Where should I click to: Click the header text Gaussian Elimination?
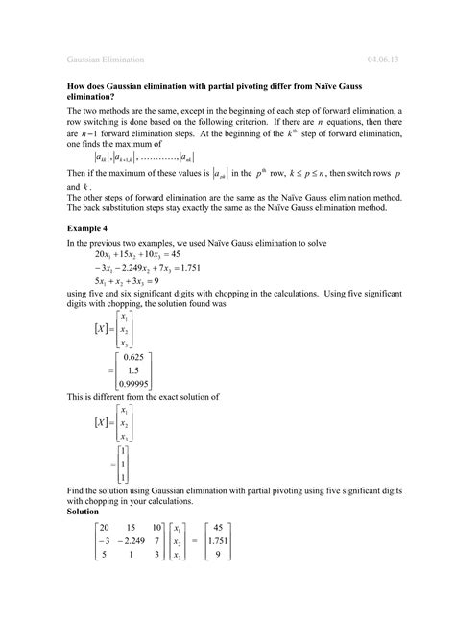pyautogui.click(x=105, y=59)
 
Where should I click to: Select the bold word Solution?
pyautogui.click(x=86, y=511)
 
